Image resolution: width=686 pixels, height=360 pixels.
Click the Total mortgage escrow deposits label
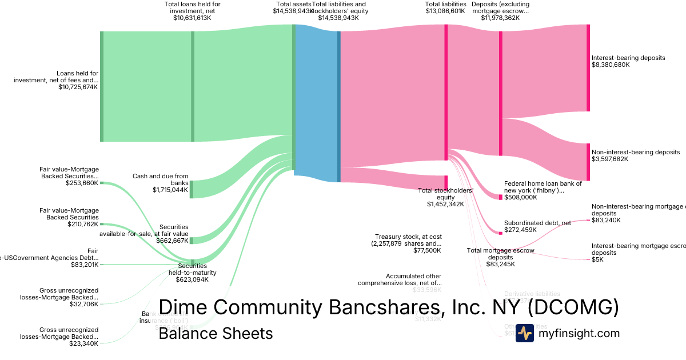click(500, 257)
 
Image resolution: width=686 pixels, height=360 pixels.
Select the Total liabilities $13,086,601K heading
click(445, 7)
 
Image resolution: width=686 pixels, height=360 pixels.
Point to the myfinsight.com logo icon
click(524, 333)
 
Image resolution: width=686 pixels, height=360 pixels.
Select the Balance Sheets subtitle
click(216, 333)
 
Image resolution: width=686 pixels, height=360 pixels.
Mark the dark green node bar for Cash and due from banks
click(192, 189)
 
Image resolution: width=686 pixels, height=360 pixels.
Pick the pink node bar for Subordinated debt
click(501, 233)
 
